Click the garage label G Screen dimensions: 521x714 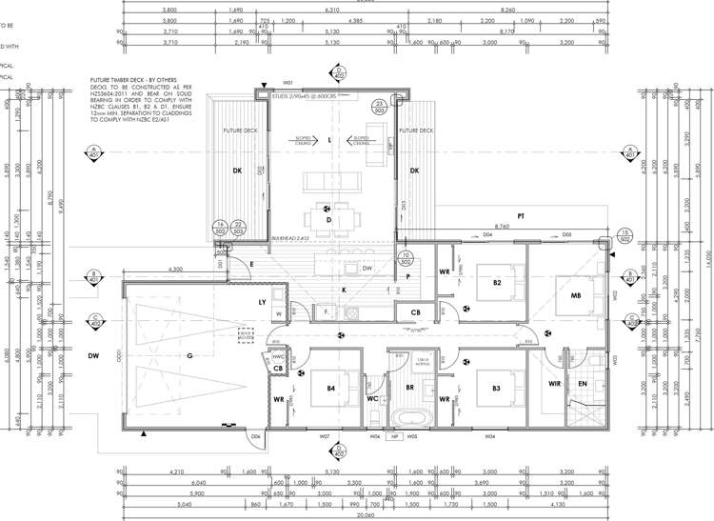(x=190, y=355)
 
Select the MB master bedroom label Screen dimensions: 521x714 (x=577, y=296)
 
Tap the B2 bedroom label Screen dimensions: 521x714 (x=497, y=283)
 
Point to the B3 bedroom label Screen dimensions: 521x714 (x=497, y=389)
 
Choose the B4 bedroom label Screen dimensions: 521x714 (x=330, y=389)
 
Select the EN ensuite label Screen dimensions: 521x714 (x=583, y=384)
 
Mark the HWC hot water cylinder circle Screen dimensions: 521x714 (x=278, y=357)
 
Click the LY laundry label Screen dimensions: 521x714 (x=262, y=302)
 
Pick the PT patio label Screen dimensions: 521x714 (x=521, y=217)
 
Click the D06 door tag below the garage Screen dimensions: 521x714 (x=255, y=437)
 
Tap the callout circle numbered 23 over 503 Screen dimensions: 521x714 (x=378, y=106)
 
